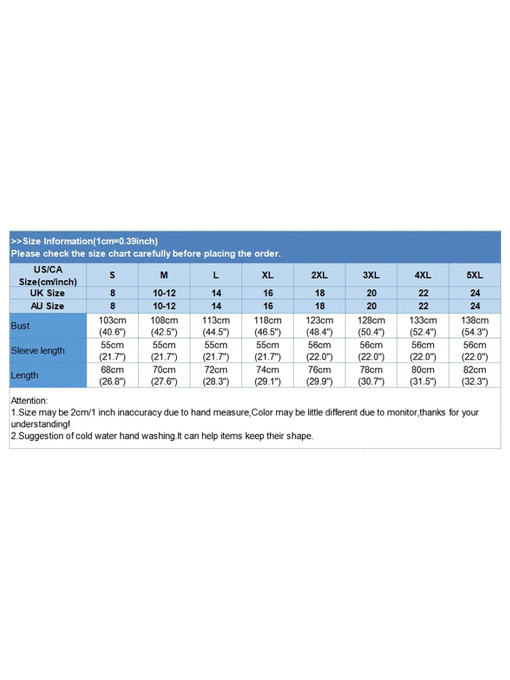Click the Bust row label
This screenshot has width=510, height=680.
[21, 326]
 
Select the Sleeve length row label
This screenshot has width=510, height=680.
[38, 350]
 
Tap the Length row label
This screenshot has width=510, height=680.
[25, 375]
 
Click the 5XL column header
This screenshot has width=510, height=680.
[475, 275]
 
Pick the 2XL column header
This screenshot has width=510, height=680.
[320, 275]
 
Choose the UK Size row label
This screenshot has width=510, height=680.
[48, 293]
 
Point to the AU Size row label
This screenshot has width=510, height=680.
[48, 306]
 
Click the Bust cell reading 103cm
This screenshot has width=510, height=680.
[112, 326]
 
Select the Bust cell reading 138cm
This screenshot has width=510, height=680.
[475, 326]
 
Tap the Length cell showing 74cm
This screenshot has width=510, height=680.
[267, 375]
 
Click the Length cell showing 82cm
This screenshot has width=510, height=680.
[475, 375]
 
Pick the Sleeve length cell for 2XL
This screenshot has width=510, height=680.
[320, 350]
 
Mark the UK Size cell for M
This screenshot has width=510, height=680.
[164, 293]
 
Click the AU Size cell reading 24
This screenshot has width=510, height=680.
[475, 306]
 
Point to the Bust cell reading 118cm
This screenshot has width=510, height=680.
[267, 326]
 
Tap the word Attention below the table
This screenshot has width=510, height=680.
[29, 401]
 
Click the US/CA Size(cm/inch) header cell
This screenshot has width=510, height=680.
[48, 275]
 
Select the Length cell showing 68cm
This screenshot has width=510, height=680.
[112, 375]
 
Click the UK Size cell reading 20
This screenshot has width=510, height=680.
[371, 293]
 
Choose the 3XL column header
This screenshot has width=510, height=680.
[371, 275]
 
